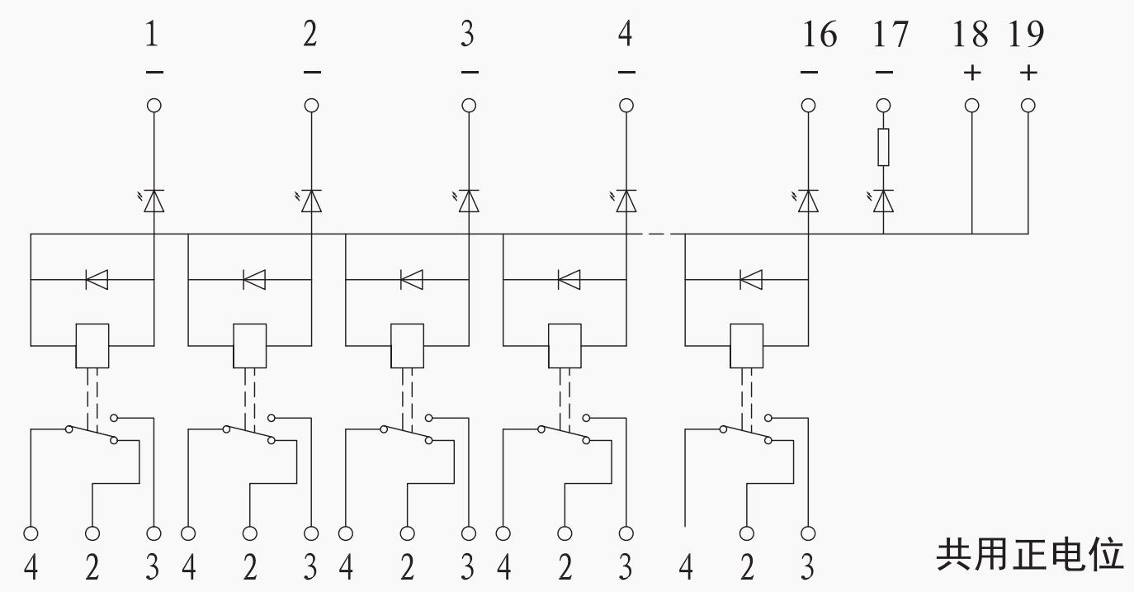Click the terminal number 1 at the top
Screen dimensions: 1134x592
[x=152, y=35]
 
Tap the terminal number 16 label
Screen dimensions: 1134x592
[x=820, y=35]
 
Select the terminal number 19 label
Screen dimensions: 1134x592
[x=1026, y=35]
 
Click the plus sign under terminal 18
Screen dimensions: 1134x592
[x=972, y=73]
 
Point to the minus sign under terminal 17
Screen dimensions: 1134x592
[x=884, y=73]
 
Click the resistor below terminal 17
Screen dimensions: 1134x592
[x=883, y=147]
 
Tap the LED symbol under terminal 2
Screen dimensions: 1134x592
[x=309, y=201]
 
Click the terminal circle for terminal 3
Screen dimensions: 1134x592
[x=469, y=106]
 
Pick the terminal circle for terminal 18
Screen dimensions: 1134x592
[x=971, y=106]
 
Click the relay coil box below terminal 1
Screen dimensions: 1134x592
[x=92, y=346]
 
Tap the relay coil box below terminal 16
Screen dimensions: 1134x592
[x=747, y=346]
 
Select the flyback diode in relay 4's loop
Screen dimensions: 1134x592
[x=569, y=280]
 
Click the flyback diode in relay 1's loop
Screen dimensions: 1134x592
[x=97, y=280]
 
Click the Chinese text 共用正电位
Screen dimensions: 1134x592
[x=1030, y=555]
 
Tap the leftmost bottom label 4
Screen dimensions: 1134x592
[x=31, y=566]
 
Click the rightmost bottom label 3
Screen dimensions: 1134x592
[x=807, y=566]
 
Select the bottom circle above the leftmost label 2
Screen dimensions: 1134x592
[x=92, y=533]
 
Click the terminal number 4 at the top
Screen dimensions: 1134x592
[x=626, y=35]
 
